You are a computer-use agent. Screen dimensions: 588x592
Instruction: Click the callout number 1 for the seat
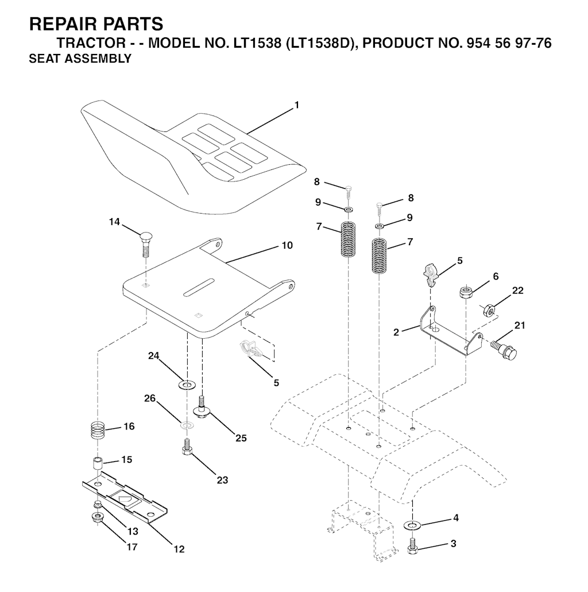297,105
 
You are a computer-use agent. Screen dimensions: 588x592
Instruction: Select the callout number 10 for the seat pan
287,245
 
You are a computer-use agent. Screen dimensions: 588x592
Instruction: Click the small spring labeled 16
98,430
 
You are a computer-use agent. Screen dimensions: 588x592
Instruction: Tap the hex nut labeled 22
489,309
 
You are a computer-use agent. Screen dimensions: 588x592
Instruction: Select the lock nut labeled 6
465,293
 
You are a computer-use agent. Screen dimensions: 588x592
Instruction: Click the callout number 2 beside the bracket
396,332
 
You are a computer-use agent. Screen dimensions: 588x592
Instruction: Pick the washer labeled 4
412,525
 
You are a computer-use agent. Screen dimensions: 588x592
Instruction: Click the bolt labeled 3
412,545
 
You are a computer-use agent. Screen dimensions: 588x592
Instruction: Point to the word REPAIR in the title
58,24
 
